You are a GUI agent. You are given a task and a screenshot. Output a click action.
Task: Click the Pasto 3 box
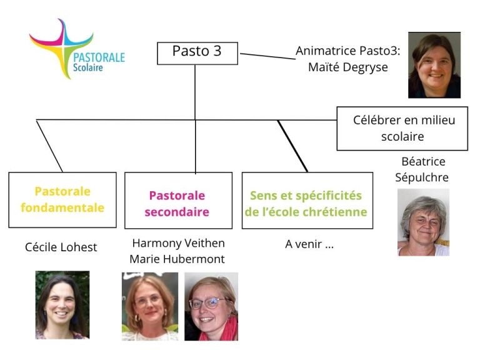pos(197,52)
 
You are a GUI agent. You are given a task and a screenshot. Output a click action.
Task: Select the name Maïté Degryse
pos(348,67)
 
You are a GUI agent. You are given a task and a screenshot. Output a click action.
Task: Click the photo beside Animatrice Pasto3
pos(434,66)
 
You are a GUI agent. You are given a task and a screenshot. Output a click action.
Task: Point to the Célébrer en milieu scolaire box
pos(402,128)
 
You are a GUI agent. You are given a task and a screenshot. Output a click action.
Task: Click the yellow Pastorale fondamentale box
pos(62,199)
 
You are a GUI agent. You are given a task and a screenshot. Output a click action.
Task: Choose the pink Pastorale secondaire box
pos(177,204)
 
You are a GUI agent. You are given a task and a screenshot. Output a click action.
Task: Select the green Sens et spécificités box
pos(306,203)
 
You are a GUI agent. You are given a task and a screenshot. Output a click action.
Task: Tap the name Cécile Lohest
pos(61,247)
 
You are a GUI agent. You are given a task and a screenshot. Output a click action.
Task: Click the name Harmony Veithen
pos(178,242)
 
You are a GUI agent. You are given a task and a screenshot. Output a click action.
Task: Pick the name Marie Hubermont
pos(177,259)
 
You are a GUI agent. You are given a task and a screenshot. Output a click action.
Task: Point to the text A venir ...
pos(309,244)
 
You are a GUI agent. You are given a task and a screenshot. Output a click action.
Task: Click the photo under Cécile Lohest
pos(62,304)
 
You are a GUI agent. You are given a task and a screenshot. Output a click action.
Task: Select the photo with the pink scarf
pos(211,306)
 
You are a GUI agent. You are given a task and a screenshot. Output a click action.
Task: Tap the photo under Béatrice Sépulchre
pos(422,222)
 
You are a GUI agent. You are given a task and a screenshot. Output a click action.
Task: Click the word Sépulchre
pos(422,177)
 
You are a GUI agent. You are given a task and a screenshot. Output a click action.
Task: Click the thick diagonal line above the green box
pos(292,146)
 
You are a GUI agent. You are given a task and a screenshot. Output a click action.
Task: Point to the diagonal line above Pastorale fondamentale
pos(50,146)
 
